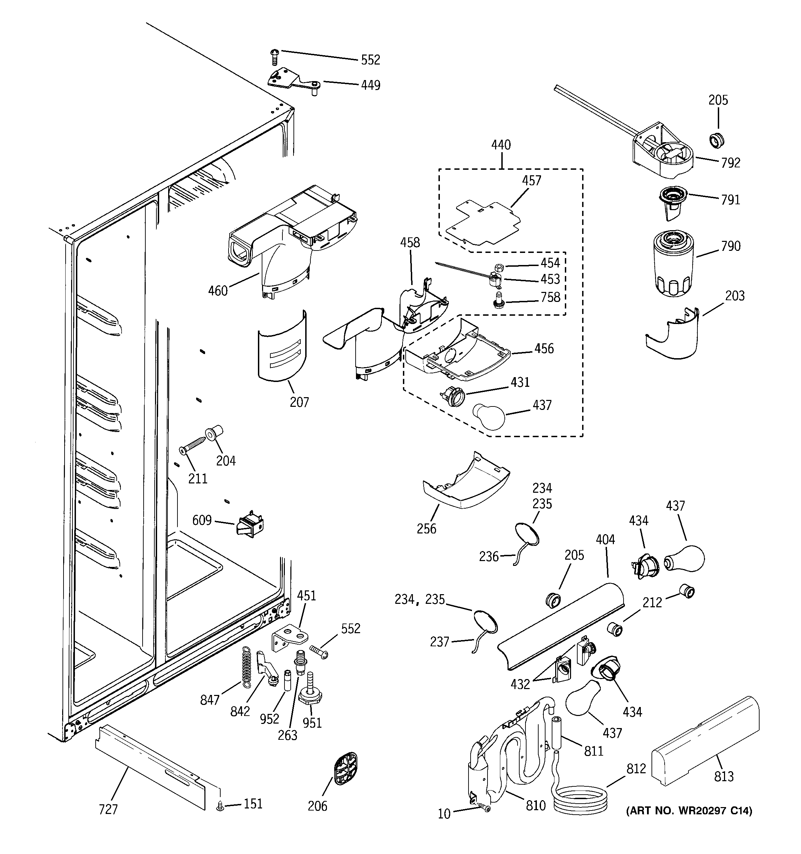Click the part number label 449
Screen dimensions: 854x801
(x=370, y=85)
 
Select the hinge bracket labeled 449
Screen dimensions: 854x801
(x=292, y=80)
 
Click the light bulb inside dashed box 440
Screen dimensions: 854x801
(x=489, y=415)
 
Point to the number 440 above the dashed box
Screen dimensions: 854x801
(x=501, y=145)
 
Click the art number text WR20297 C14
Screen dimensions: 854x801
(x=689, y=811)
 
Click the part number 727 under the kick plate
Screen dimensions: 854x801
(x=108, y=809)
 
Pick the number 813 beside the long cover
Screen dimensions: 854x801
(x=724, y=776)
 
